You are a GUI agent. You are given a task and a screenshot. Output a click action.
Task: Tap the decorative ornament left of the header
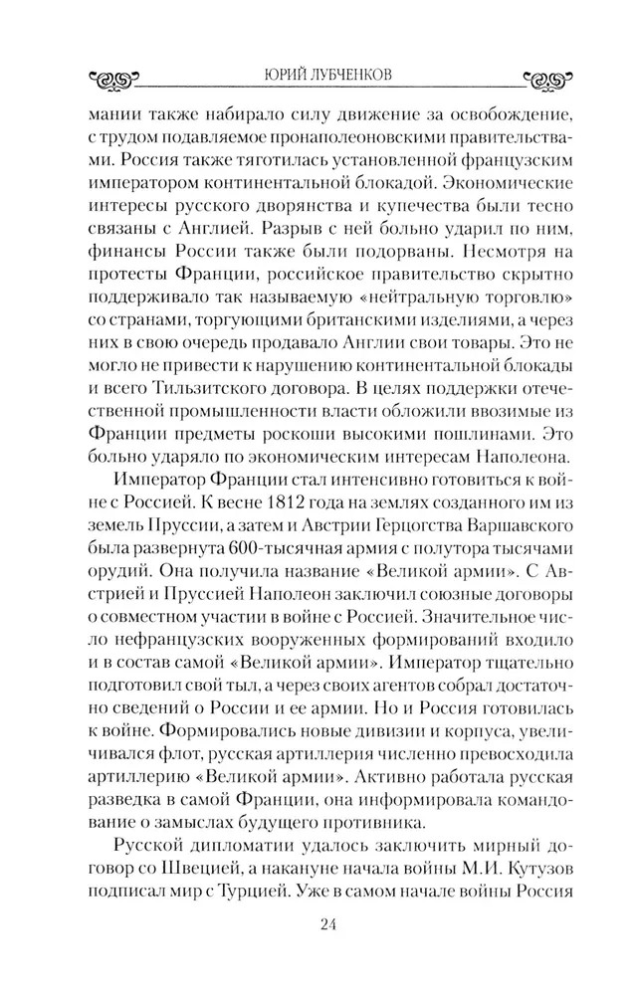point(111,77)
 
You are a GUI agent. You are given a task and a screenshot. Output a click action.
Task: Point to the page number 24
point(329,927)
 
